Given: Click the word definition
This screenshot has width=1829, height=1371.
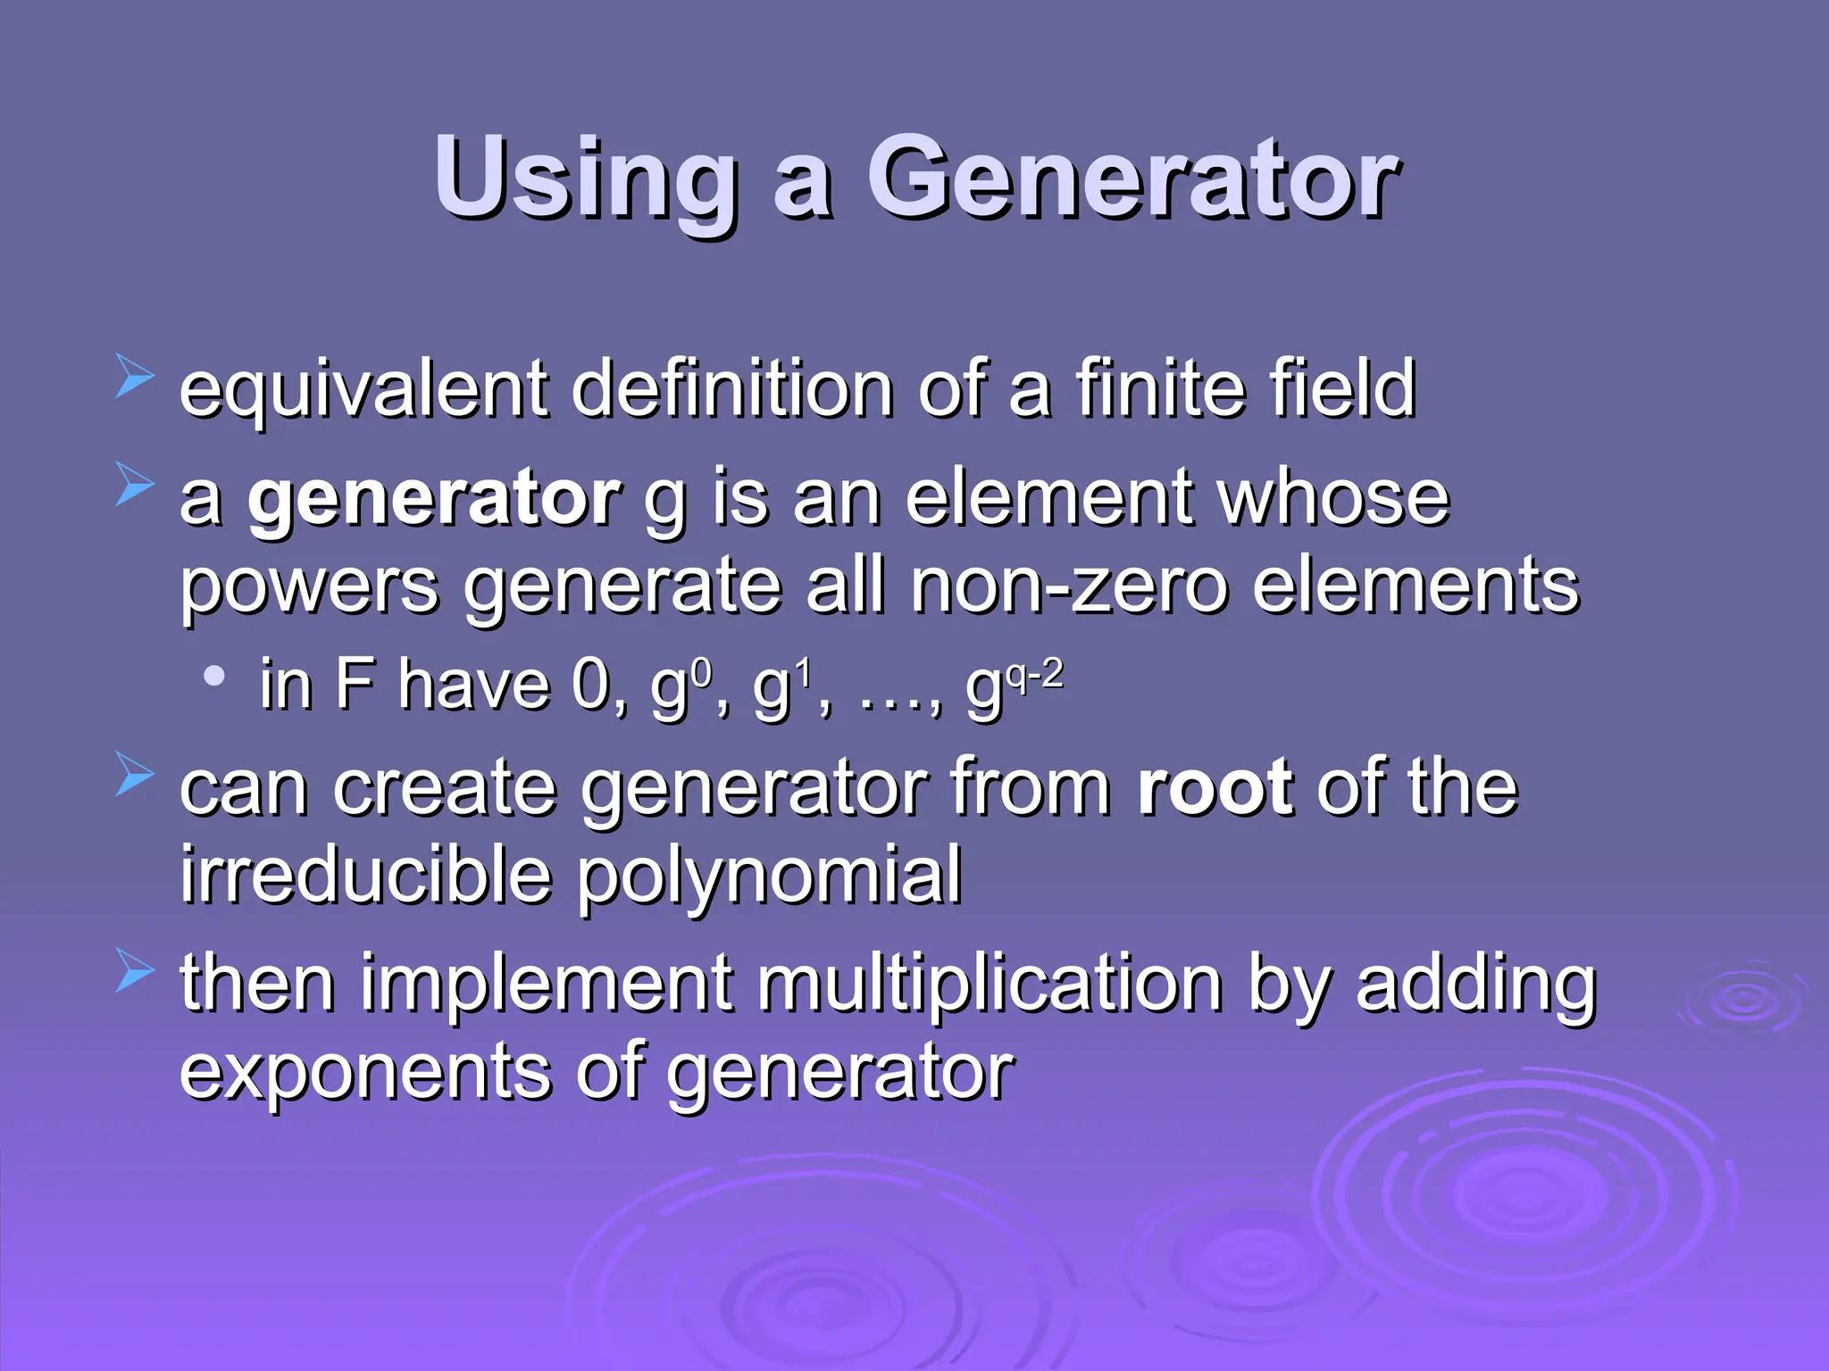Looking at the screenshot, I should point(732,389).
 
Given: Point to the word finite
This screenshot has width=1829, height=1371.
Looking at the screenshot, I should point(1152,389).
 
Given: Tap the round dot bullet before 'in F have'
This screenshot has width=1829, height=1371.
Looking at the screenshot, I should point(213,677).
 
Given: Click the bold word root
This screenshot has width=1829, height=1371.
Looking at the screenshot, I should point(1215,787).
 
